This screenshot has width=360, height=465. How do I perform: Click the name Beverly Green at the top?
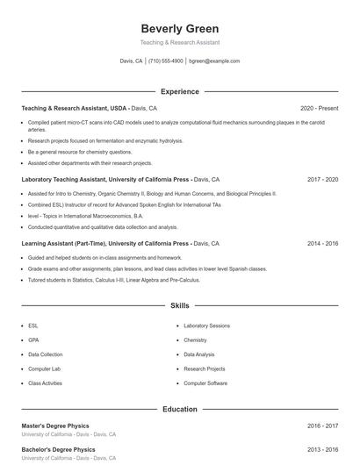click(x=179, y=29)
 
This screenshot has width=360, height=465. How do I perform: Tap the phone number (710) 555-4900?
click(x=165, y=61)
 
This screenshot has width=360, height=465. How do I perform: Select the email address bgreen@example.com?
click(x=214, y=61)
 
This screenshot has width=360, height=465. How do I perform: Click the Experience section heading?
click(x=179, y=91)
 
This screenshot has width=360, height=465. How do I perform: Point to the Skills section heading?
click(x=179, y=306)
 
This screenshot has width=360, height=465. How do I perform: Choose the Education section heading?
click(x=179, y=409)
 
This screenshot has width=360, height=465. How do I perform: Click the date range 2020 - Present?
click(x=319, y=108)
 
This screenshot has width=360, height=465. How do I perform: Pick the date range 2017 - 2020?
click(x=322, y=179)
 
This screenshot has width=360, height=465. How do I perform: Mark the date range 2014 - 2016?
click(x=322, y=243)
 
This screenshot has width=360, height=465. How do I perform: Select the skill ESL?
click(x=33, y=325)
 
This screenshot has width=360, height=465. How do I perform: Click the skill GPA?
click(x=33, y=340)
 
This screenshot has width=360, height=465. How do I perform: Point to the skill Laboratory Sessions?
click(x=206, y=325)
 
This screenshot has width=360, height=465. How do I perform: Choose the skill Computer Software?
click(x=205, y=383)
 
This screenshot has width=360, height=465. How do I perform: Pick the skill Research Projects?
click(x=204, y=369)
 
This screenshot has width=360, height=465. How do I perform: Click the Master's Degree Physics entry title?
click(x=54, y=426)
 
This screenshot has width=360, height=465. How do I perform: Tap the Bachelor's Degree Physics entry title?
click(x=57, y=449)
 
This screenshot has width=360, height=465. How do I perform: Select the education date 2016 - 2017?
click(x=322, y=426)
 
